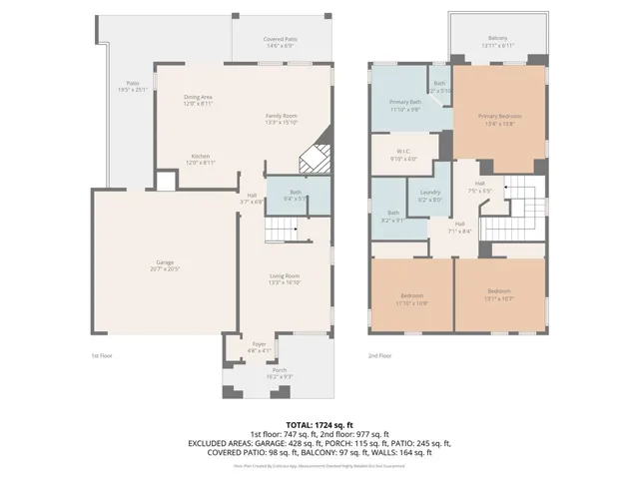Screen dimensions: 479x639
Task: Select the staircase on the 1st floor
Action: (x=283, y=233)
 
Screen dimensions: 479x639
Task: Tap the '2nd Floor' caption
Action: (x=379, y=355)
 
